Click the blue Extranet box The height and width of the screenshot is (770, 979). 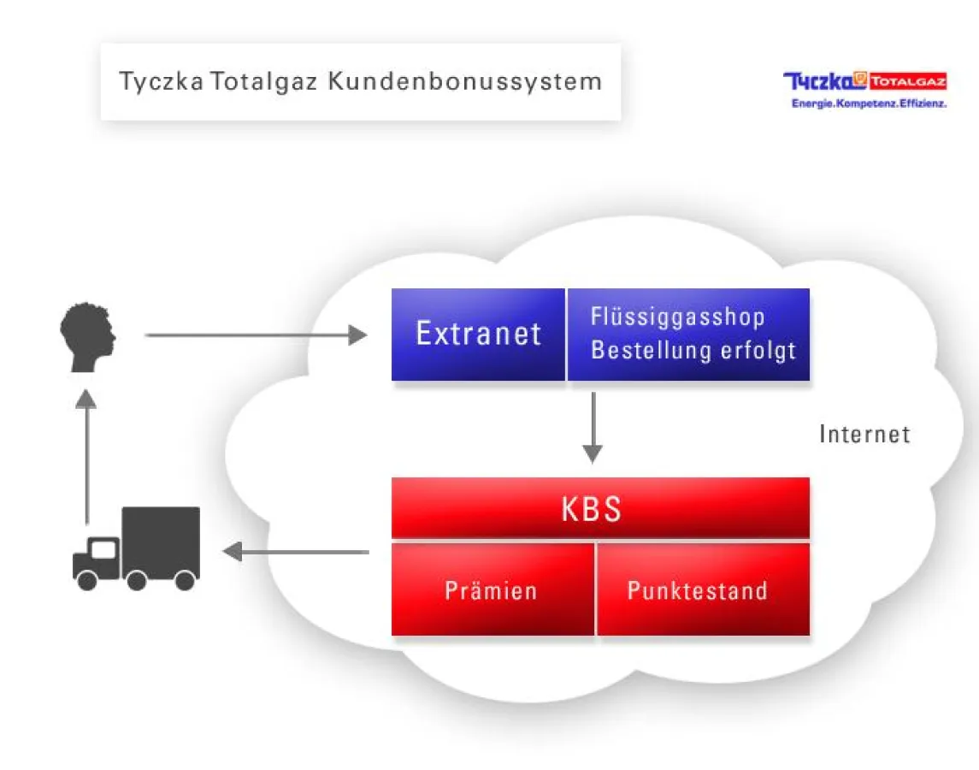tap(478, 334)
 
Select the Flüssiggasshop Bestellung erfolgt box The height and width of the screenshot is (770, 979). tap(688, 334)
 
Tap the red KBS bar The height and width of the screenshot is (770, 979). tap(600, 508)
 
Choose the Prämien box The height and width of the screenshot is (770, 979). tap(492, 590)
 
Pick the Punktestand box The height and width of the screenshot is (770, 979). tap(702, 590)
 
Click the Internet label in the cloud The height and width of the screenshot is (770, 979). tap(864, 434)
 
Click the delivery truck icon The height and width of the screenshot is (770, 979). tap(137, 548)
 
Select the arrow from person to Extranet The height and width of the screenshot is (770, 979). tap(256, 335)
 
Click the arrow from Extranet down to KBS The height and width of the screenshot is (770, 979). tap(592, 428)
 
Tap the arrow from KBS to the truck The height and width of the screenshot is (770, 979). tap(296, 552)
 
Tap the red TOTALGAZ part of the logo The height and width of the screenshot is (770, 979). tap(907, 82)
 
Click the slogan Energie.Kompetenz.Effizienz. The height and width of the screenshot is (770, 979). tap(869, 104)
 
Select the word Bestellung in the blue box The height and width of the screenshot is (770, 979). tap(640, 351)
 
